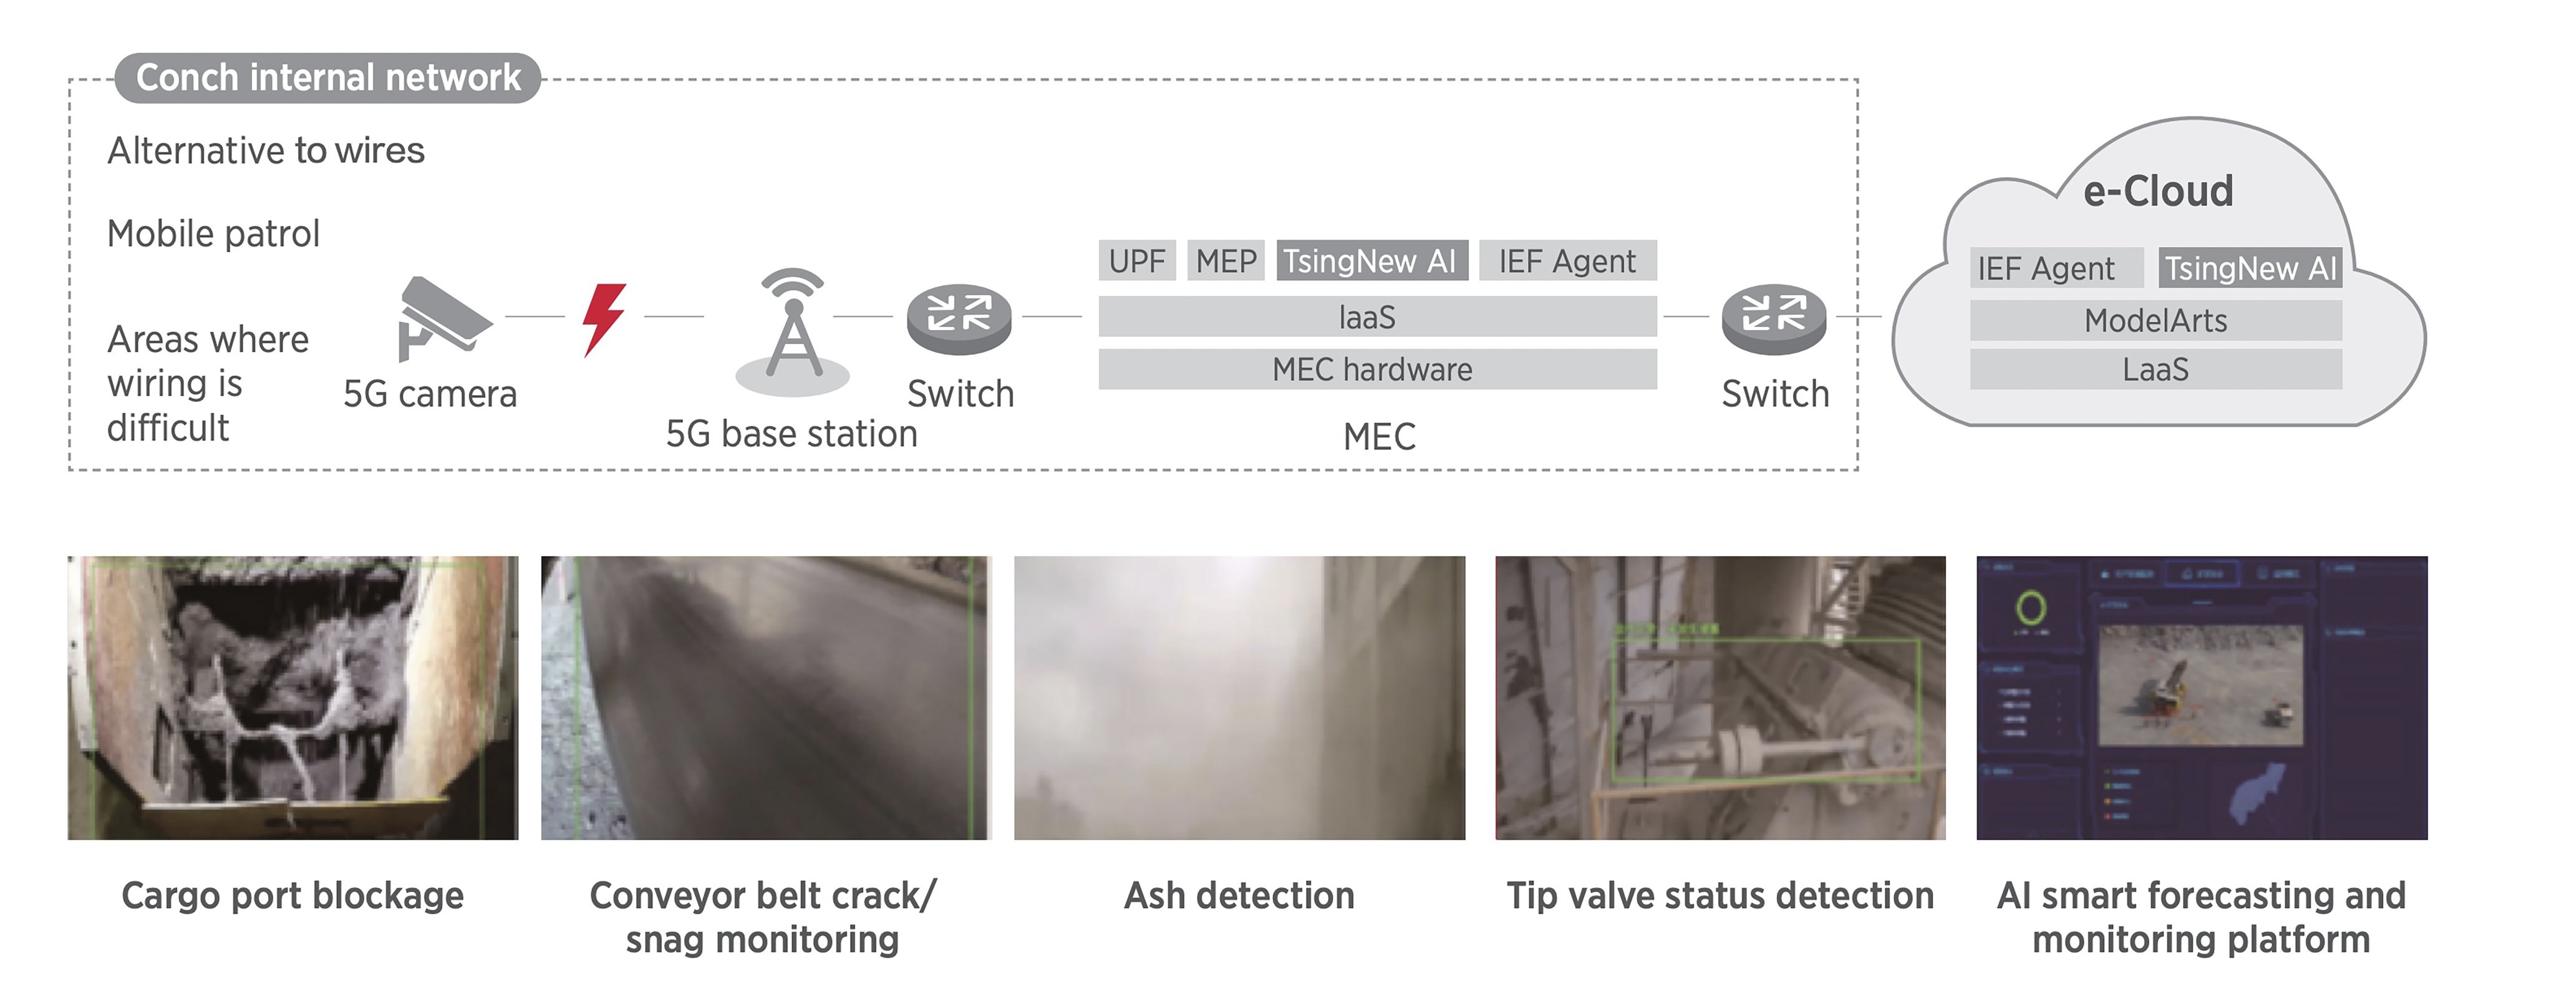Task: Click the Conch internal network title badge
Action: click(327, 77)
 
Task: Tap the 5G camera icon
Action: click(440, 316)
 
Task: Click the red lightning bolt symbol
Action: click(603, 318)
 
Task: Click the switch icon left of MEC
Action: click(959, 318)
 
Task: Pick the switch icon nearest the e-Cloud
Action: click(1774, 318)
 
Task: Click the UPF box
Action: click(1136, 261)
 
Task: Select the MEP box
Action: click(1226, 261)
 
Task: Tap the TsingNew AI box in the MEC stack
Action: click(1371, 261)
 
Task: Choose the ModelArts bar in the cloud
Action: click(2155, 320)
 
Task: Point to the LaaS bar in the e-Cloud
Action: click(2155, 369)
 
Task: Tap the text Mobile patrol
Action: click(213, 234)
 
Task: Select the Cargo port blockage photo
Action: click(293, 698)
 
